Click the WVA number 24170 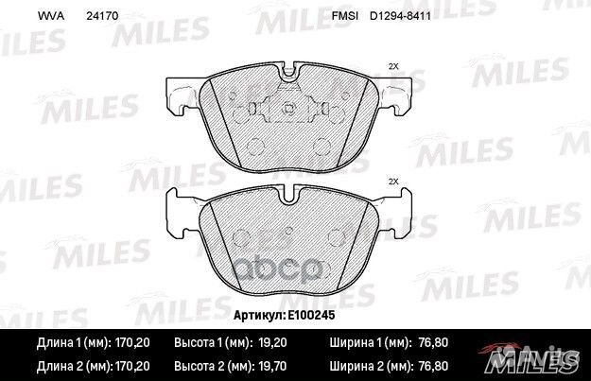pos(102,16)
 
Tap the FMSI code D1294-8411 pos(400,16)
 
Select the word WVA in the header pos(51,16)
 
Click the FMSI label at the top pos(344,16)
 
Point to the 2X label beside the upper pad pos(393,66)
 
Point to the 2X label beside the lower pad pos(393,182)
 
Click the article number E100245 pos(311,315)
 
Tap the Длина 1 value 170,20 pos(132,342)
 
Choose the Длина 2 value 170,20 pos(132,366)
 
